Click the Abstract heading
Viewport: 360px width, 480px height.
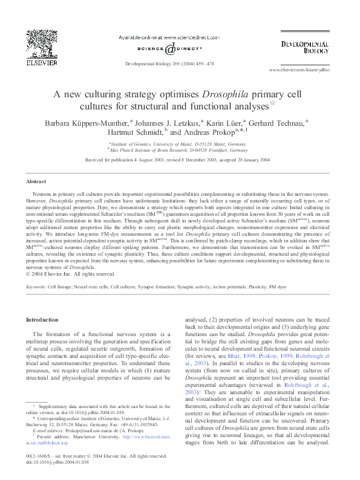tap(37, 181)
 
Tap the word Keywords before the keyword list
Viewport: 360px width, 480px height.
tap(36, 285)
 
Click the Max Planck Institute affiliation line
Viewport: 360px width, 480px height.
tap(177, 149)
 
